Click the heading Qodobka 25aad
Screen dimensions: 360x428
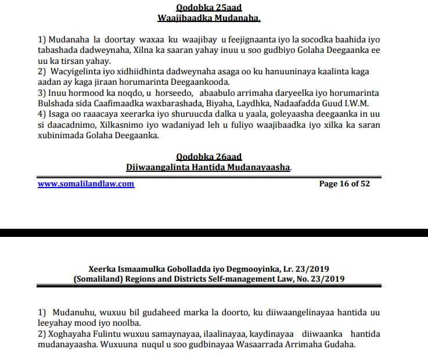208,8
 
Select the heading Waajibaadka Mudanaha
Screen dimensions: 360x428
208,18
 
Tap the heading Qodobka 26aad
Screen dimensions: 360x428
208,157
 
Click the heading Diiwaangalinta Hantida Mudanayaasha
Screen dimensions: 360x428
208,167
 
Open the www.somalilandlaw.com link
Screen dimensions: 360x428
86,183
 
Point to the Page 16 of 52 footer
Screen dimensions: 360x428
344,183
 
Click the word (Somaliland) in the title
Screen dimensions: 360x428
99,279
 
